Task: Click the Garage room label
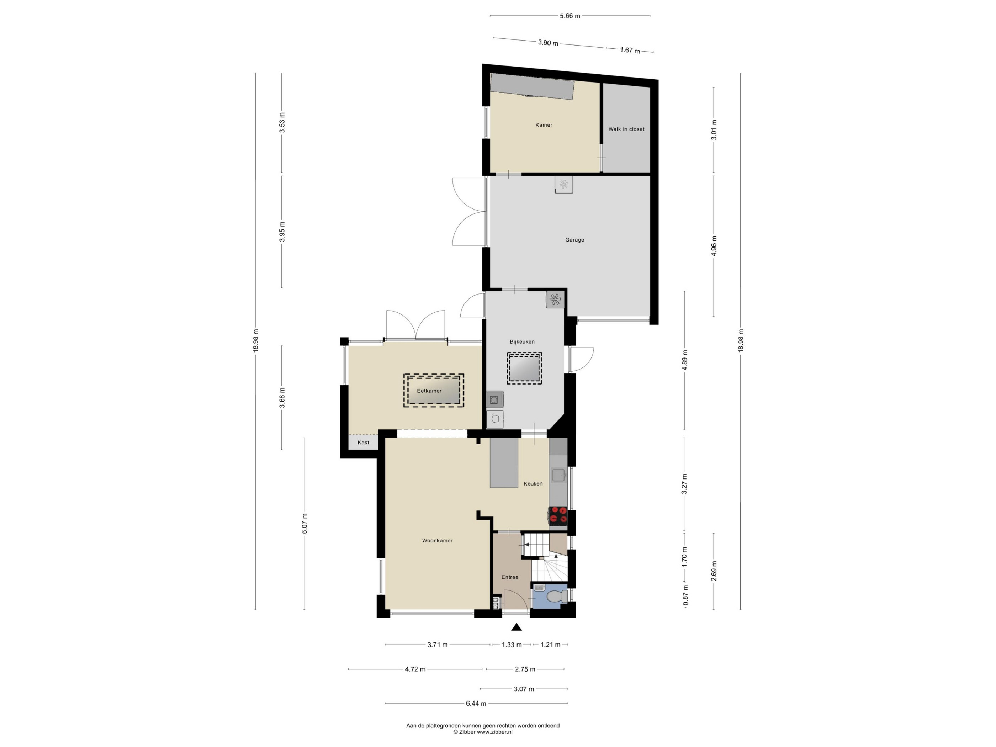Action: click(x=574, y=240)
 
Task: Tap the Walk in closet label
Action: click(x=626, y=129)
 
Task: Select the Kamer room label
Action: click(x=544, y=125)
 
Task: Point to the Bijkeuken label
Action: click(x=522, y=342)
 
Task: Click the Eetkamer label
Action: click(x=429, y=391)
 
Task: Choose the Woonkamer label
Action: click(x=437, y=541)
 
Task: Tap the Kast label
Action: click(x=364, y=443)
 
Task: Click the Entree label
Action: click(x=510, y=577)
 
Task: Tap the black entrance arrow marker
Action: click(x=516, y=627)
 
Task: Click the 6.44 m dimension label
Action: click(x=476, y=703)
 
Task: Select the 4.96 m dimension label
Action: click(x=714, y=246)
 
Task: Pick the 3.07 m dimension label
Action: click(x=524, y=689)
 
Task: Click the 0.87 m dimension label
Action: click(x=685, y=595)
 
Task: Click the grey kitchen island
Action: click(x=504, y=463)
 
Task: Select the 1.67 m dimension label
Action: click(x=630, y=51)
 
